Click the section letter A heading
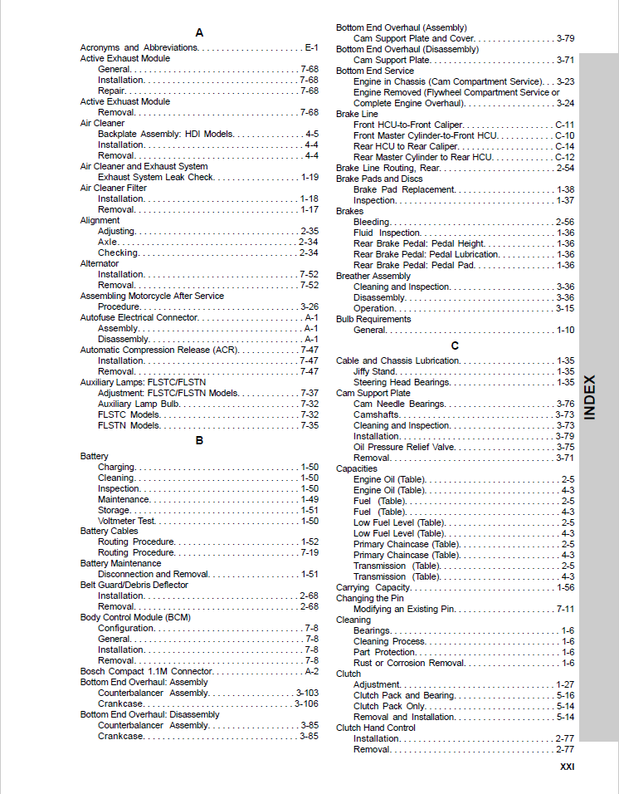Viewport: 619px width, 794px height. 199,32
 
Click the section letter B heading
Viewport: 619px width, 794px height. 199,440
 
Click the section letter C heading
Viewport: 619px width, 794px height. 455,346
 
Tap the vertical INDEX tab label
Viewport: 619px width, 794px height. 590,397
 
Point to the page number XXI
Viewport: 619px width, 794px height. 567,767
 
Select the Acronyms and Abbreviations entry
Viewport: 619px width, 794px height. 139,48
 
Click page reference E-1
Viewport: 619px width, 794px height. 312,48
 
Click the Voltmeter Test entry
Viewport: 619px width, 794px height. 126,521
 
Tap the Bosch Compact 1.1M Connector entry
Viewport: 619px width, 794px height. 146,671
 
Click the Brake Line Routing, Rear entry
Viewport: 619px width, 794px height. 387,168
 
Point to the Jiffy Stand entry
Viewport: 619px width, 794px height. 374,371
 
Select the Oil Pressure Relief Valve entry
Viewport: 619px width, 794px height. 404,447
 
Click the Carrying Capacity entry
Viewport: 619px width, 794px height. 373,587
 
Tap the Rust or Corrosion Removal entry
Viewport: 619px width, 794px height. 409,663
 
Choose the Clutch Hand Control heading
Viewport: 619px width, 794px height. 376,728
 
